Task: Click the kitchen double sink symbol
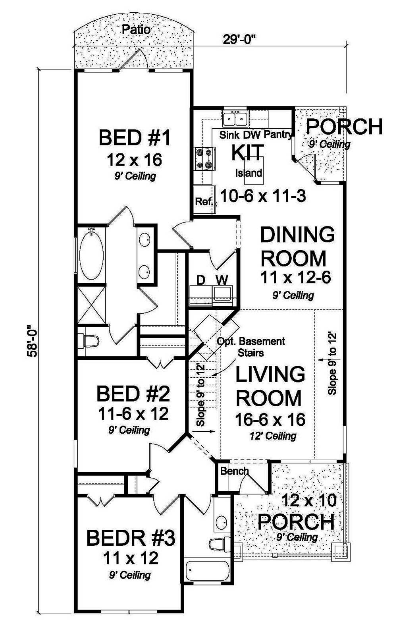pos(235,118)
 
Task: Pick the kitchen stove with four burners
pos(204,158)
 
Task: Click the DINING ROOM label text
pos(297,246)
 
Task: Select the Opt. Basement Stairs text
pos(251,346)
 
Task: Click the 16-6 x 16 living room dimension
pos(270,419)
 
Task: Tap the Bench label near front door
pos(234,471)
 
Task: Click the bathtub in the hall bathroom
pos(207,571)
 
